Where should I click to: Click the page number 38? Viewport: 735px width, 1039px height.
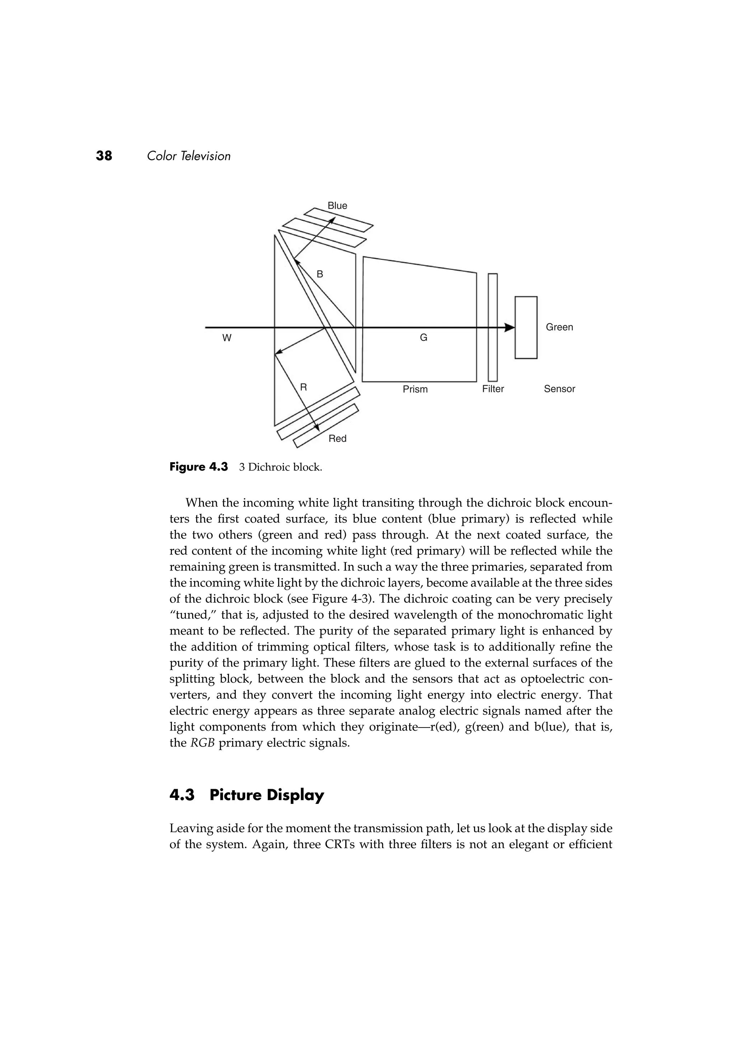(104, 156)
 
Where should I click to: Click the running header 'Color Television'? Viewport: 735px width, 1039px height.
(189, 156)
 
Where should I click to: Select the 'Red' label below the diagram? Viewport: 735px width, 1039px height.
(337, 439)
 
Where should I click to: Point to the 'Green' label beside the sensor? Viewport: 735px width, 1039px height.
(560, 327)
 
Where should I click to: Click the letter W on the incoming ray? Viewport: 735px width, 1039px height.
(227, 338)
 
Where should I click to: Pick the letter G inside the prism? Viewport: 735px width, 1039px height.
(423, 338)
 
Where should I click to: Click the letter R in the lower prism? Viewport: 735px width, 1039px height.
(304, 387)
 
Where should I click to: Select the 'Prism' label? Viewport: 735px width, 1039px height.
(415, 389)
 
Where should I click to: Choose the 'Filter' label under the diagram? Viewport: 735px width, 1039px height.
(493, 389)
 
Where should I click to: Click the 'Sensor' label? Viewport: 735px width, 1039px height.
(560, 389)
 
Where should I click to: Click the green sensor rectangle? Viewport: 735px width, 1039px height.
(526, 327)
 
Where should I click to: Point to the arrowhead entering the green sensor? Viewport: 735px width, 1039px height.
(510, 327)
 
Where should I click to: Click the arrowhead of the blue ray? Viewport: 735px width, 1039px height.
(332, 220)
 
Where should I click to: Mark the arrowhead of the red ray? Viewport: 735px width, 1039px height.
(316, 428)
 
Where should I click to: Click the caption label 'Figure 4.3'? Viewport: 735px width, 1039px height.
(199, 467)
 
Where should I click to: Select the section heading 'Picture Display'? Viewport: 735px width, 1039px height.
(267, 795)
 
